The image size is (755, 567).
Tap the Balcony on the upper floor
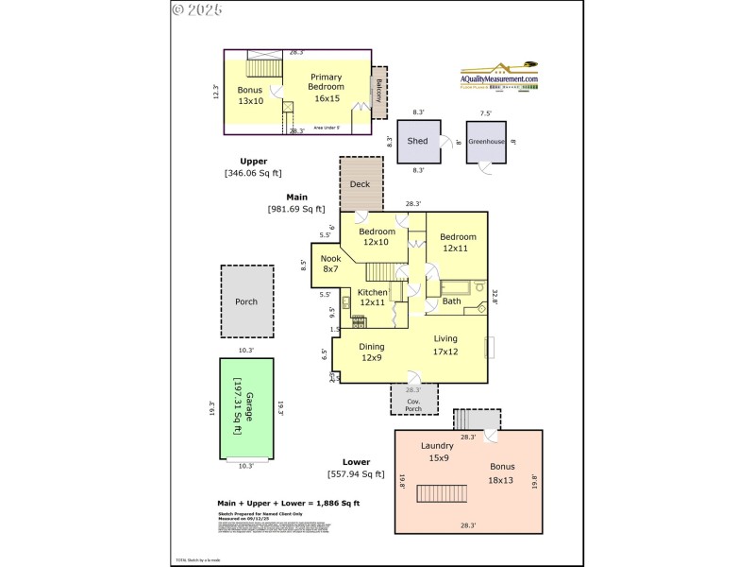(x=378, y=92)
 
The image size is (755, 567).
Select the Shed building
(x=417, y=142)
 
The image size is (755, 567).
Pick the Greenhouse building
(x=486, y=142)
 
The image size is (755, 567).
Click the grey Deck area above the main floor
(x=361, y=184)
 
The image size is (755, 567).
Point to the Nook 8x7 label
(x=330, y=264)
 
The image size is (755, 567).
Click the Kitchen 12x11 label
(x=372, y=298)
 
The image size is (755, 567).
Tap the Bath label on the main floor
(x=452, y=301)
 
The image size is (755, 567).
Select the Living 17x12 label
(x=445, y=345)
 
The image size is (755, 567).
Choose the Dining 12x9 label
(x=372, y=352)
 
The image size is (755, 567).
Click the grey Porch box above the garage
(x=246, y=301)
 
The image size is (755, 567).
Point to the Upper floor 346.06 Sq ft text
(x=252, y=167)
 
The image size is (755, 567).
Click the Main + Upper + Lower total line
(x=288, y=504)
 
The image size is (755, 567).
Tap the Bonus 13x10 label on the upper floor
(x=250, y=95)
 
